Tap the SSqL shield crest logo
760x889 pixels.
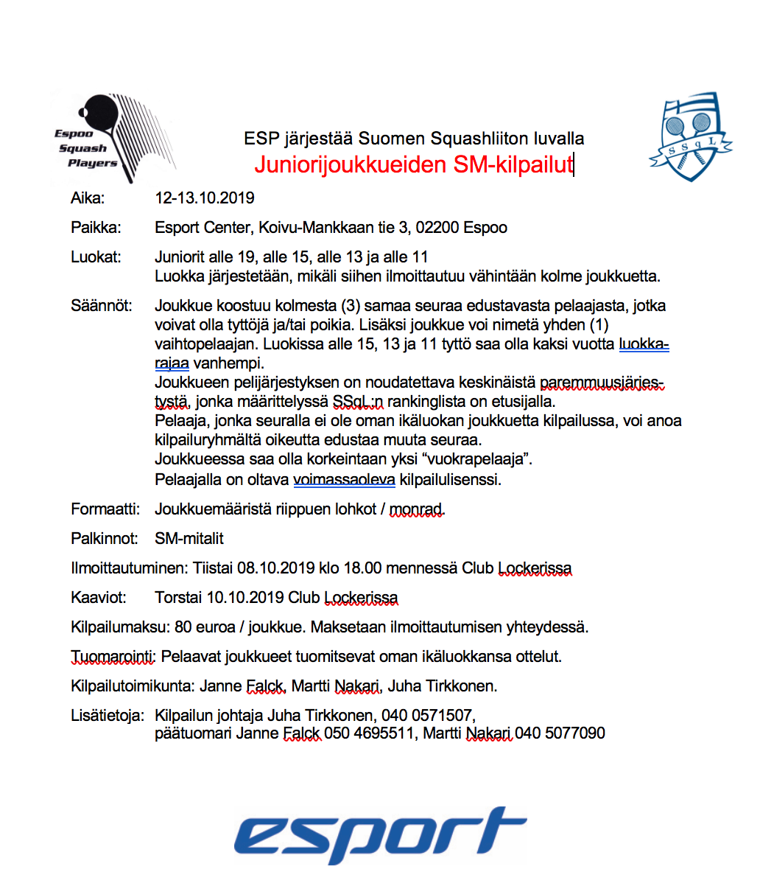pos(690,138)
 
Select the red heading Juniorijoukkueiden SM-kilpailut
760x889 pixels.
pos(413,164)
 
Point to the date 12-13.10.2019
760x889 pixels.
pos(205,198)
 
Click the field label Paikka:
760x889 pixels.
pos(96,228)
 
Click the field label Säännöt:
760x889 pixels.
pos(102,306)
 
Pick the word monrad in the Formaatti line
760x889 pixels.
pos(416,509)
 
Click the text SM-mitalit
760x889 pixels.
pos(189,539)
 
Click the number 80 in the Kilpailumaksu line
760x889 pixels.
pos(183,627)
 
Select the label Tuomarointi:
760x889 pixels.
pos(113,657)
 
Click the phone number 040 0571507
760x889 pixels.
pos(427,716)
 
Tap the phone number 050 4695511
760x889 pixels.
pos(369,733)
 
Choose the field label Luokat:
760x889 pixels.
pos(96,257)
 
